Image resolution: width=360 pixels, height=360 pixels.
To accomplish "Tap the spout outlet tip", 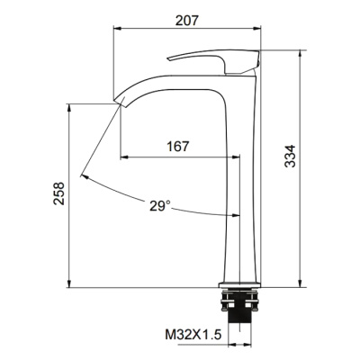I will (x=118, y=98).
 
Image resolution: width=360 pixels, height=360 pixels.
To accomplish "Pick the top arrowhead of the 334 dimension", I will (x=299, y=52).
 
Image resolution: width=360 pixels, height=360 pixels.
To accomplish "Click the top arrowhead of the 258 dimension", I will (x=69, y=107).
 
